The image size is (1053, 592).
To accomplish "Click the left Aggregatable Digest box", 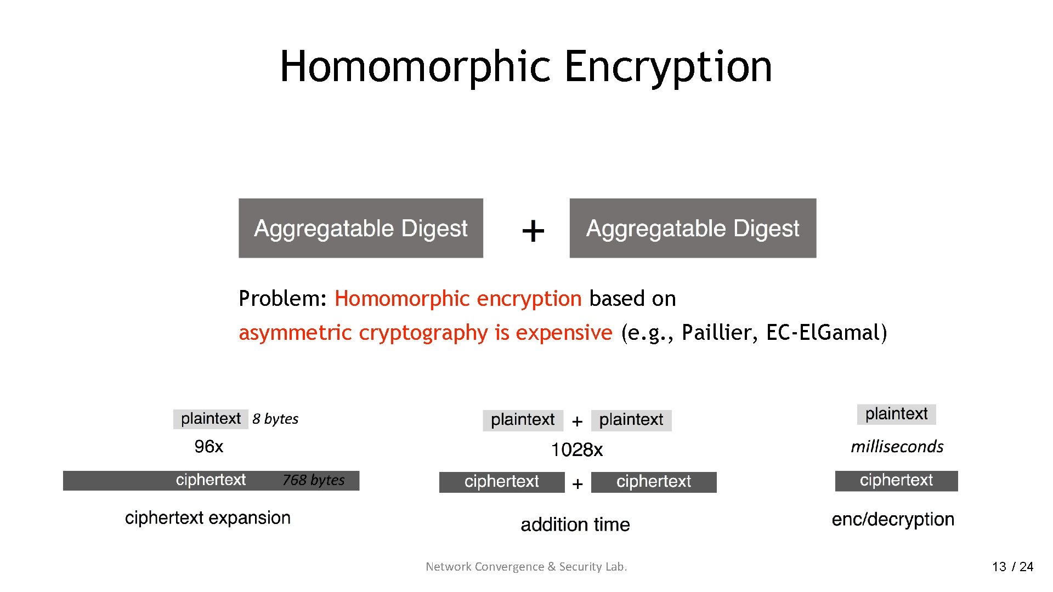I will [x=360, y=228].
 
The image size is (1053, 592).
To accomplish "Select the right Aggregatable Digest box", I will [x=693, y=228].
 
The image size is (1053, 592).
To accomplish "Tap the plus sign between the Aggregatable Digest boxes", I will [x=533, y=231].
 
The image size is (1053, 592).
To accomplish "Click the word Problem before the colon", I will [x=280, y=299].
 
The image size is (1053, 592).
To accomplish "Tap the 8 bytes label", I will [x=275, y=419].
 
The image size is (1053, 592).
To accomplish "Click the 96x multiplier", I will [x=209, y=447].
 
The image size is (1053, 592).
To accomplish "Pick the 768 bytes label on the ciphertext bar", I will [x=314, y=480].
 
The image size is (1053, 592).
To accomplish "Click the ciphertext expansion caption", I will [x=208, y=518].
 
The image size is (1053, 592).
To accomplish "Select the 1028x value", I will [x=577, y=450].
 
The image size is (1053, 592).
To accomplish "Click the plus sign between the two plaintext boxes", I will [x=577, y=422].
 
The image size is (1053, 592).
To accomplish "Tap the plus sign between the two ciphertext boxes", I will [x=577, y=484].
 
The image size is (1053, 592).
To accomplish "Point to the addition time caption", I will [x=575, y=525].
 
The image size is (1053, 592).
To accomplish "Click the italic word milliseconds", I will [x=897, y=447].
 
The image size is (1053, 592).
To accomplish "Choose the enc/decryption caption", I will [x=893, y=519].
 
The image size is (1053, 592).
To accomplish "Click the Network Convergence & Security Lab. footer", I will [x=526, y=567].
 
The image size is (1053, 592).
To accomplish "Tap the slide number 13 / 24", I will [x=1012, y=567].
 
